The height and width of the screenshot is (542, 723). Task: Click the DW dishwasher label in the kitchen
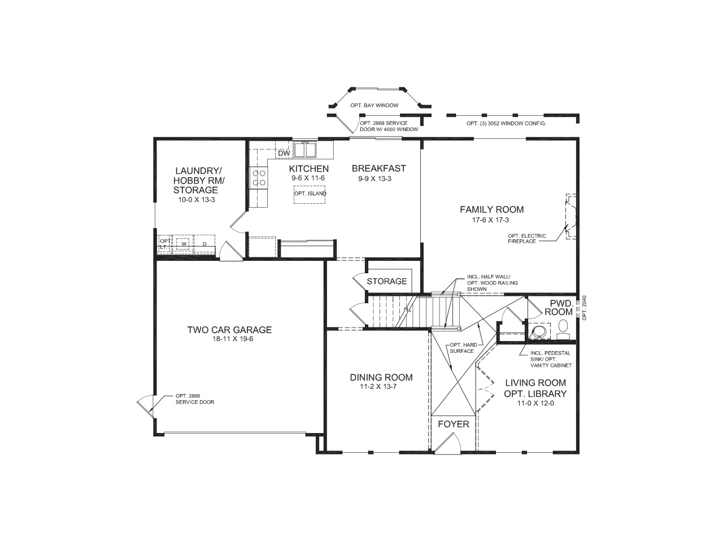(284, 154)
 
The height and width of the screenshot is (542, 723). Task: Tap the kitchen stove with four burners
(259, 178)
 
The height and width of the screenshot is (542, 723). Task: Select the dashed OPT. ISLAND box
(310, 194)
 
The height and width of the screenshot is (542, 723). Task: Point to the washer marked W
(183, 244)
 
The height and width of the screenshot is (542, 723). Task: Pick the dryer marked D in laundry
(204, 244)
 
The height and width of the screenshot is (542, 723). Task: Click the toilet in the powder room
(563, 328)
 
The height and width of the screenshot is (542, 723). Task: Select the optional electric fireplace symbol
(571, 216)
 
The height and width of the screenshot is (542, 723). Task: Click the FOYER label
(454, 424)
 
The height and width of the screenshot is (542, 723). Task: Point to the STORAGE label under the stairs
(387, 281)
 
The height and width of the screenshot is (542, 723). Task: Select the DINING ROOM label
(381, 378)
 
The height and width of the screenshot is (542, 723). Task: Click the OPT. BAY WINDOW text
(374, 106)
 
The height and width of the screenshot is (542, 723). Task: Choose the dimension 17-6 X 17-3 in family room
(491, 220)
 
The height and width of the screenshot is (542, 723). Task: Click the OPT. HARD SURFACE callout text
(461, 348)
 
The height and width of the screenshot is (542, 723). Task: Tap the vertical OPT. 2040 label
(585, 308)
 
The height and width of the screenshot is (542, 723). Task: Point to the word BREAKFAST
(378, 168)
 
